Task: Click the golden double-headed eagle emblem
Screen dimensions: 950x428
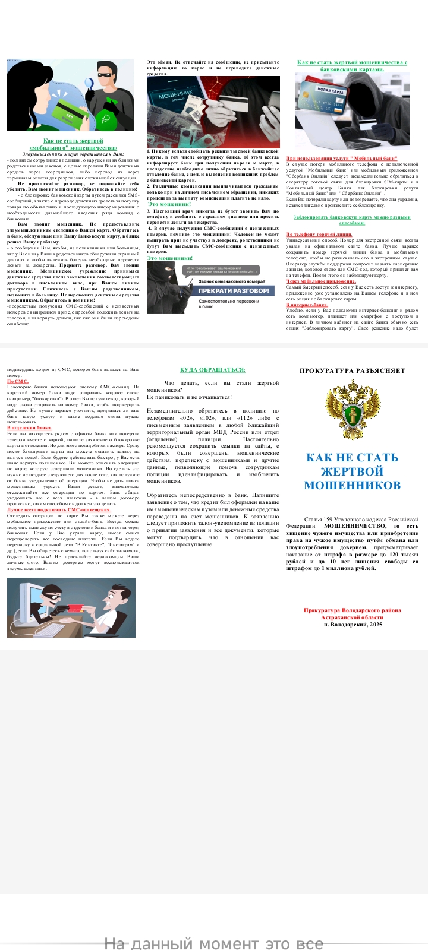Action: [353, 409]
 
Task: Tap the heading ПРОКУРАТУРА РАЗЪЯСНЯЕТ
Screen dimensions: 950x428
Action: [353, 370]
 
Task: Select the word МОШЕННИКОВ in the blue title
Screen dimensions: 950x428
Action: [353, 485]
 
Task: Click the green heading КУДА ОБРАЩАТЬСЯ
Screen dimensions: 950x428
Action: [212, 370]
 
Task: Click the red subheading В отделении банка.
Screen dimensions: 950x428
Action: [30, 427]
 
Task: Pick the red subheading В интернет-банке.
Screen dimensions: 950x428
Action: [307, 305]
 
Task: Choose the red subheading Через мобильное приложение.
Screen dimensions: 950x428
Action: [321, 281]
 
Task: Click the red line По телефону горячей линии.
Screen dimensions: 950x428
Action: [319, 234]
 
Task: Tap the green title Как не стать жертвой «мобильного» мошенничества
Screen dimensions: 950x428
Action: [73, 144]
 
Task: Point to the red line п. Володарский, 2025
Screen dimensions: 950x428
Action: [353, 625]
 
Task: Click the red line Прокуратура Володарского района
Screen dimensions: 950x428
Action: [353, 610]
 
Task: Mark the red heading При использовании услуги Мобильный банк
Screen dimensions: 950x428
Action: [341, 158]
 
